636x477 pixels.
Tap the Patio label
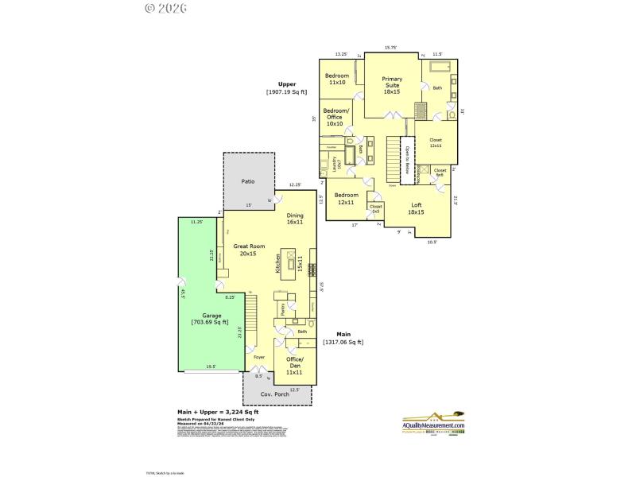[x=247, y=182]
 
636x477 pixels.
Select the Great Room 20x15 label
[x=245, y=250]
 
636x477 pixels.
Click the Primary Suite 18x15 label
[x=392, y=85]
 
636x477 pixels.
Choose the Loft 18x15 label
[x=416, y=208]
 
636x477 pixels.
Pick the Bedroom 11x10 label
[x=337, y=79]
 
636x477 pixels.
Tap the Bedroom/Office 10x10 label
[x=335, y=117]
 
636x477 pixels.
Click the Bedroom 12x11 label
[x=347, y=198]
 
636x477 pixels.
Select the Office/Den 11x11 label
[x=294, y=365]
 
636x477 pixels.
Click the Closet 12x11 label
[x=436, y=143]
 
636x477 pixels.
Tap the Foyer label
[x=259, y=357]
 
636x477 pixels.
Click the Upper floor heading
[x=287, y=83]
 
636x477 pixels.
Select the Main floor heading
[x=343, y=335]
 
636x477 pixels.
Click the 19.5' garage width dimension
[x=211, y=366]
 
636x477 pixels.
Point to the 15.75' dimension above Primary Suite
[x=391, y=48]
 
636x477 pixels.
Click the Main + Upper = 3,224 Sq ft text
[x=217, y=412]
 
